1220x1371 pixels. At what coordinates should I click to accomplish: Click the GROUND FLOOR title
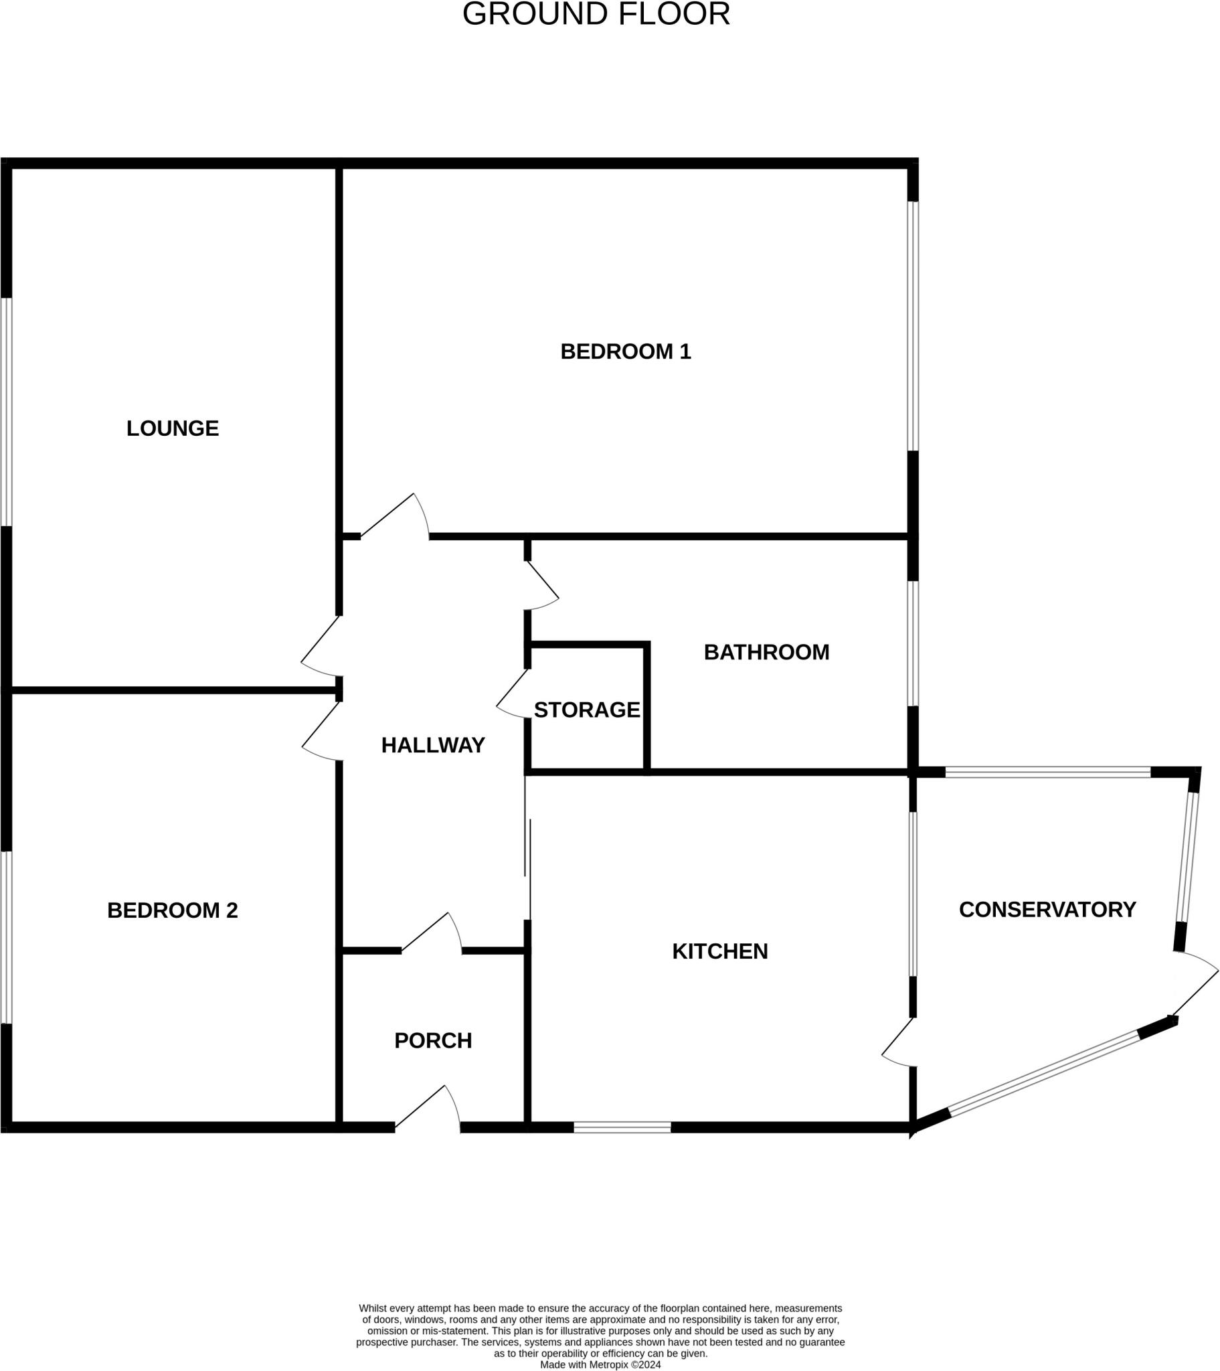[596, 14]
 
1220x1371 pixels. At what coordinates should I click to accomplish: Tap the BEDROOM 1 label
[625, 351]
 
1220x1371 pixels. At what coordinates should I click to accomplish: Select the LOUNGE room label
[173, 428]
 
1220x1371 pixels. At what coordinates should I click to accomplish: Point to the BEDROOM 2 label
[173, 910]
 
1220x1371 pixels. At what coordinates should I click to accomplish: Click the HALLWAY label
[432, 745]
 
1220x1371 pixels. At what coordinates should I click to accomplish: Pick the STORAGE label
[587, 710]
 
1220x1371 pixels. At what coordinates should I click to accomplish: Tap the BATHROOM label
[766, 652]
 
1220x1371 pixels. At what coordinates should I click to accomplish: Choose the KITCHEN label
[719, 951]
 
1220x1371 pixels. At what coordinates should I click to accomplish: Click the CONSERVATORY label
[1047, 910]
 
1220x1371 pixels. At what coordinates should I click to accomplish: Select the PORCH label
[432, 1040]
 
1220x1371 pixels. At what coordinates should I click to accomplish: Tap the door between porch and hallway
[432, 935]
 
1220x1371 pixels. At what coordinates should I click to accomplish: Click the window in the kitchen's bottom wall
[622, 1127]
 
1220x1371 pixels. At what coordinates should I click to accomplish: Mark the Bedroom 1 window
[912, 326]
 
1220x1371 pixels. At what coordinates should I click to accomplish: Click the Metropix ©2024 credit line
[600, 1364]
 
